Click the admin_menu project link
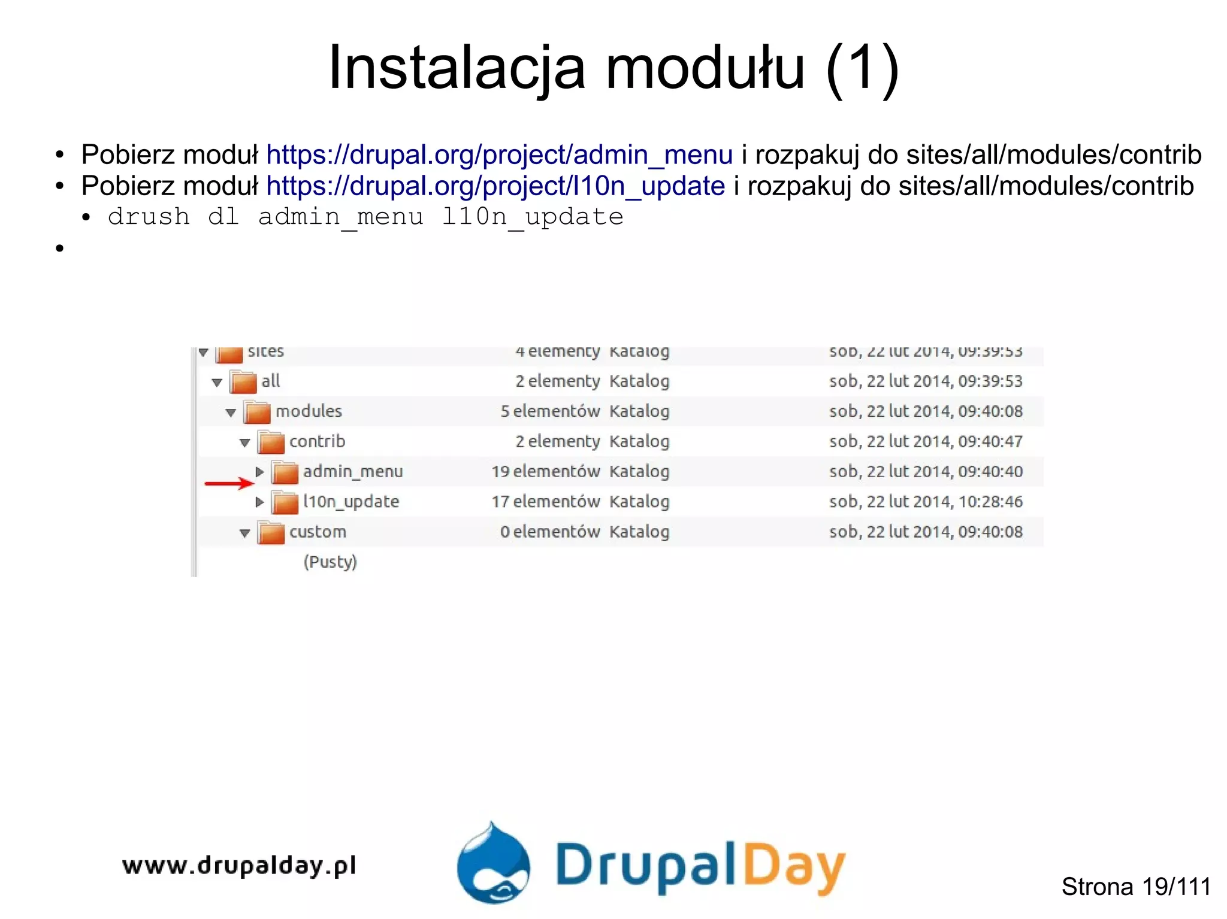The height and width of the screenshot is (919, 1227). [x=499, y=155]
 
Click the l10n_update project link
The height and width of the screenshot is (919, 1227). [x=495, y=186]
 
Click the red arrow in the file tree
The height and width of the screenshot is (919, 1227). [x=229, y=483]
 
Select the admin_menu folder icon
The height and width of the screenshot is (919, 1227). [x=285, y=472]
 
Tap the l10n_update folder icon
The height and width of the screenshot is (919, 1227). [x=285, y=502]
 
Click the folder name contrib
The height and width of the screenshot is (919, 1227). [x=317, y=442]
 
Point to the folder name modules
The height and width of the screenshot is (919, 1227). [x=309, y=411]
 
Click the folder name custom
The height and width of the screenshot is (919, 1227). [x=318, y=532]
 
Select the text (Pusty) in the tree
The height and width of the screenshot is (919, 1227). [x=330, y=562]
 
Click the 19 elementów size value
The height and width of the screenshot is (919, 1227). [x=546, y=472]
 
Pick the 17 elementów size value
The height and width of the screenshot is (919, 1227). [x=546, y=502]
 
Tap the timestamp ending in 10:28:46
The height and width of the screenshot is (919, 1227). [x=926, y=502]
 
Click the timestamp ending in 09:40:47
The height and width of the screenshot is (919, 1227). [x=926, y=442]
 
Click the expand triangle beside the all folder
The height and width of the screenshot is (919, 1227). [x=217, y=382]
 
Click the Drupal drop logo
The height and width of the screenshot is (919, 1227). [x=493, y=863]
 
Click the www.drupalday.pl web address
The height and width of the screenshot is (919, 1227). [x=239, y=866]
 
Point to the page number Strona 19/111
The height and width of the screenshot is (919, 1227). [x=1136, y=887]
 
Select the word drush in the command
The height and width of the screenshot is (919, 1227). [x=149, y=217]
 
